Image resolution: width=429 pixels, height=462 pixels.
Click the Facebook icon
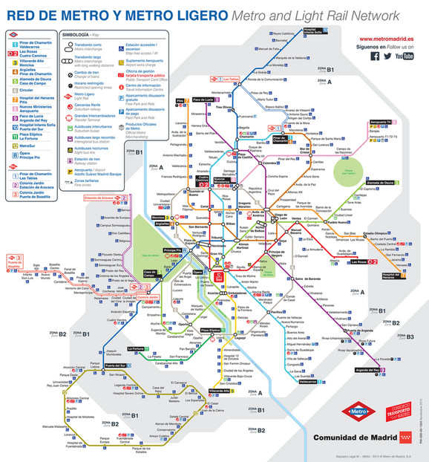(375, 56)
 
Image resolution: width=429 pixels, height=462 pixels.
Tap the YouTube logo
(404, 56)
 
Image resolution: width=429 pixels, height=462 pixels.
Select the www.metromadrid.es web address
(386, 39)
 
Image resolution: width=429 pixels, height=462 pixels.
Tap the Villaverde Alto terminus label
(220, 390)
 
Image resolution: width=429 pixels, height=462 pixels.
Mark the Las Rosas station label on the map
(362, 261)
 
